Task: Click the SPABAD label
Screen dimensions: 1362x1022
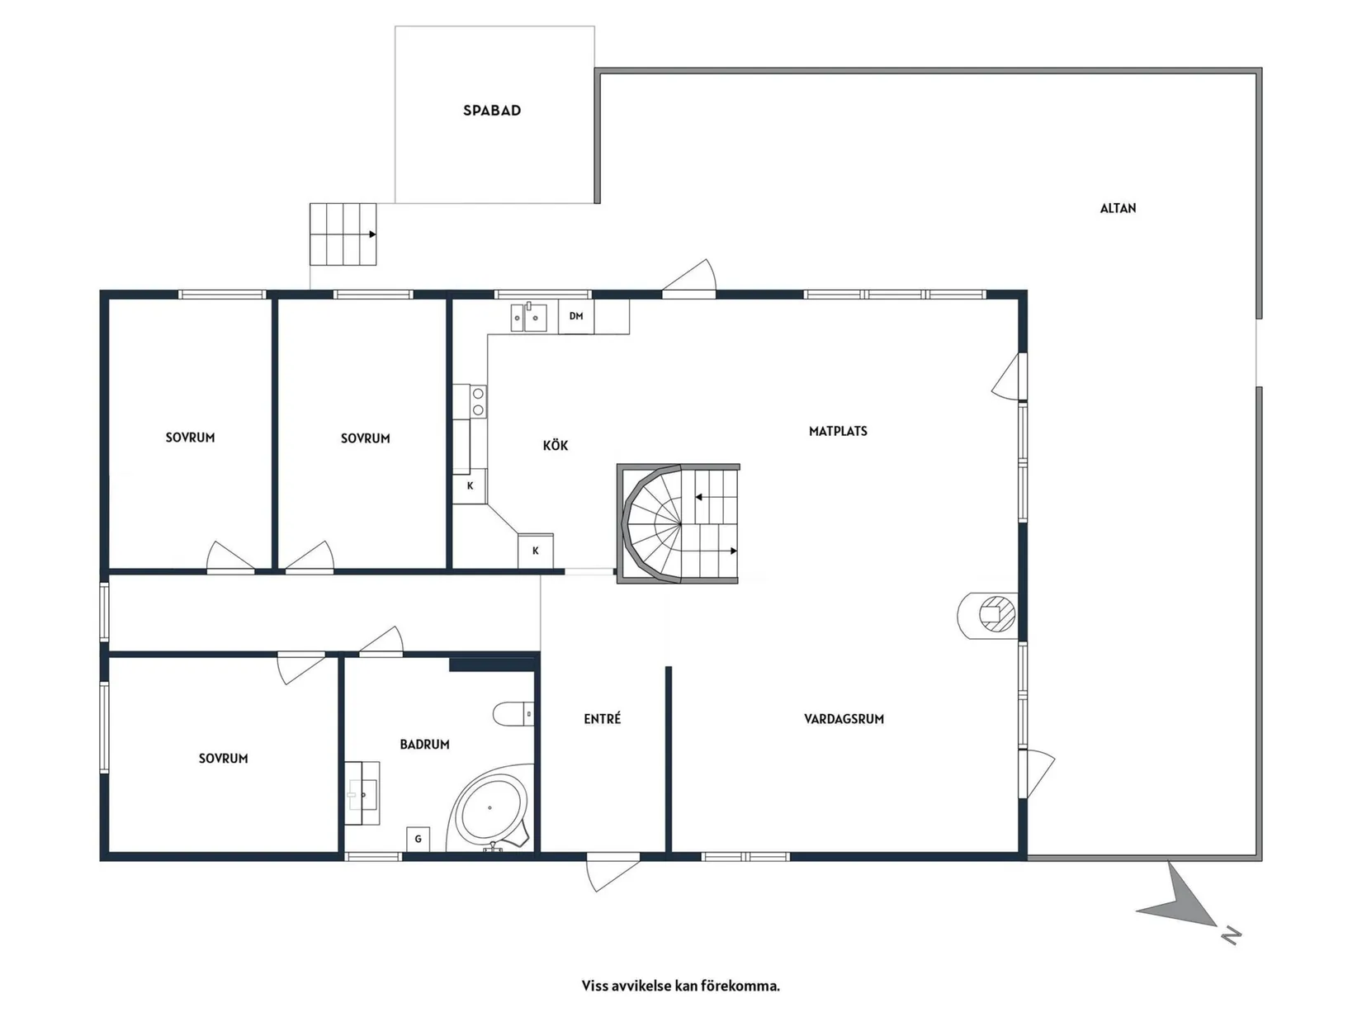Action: coord(491,111)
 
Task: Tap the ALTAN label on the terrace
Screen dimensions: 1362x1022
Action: coord(1118,209)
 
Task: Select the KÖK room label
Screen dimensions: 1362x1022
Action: coord(555,445)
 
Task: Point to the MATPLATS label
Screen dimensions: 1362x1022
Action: coord(838,431)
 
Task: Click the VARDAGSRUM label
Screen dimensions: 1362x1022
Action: coord(844,719)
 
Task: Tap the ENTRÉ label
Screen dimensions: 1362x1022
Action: coord(602,718)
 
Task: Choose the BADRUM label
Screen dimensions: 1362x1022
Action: coord(424,744)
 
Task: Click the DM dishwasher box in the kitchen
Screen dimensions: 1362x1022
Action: coord(576,316)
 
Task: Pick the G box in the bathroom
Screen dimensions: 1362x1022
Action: coord(419,839)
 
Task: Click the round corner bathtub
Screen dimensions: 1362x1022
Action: coord(490,808)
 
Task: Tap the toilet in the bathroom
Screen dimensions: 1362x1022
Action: coord(513,713)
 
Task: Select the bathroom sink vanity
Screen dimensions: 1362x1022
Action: coord(362,793)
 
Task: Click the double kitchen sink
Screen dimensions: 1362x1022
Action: coord(528,317)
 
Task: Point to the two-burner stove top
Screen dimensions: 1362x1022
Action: coord(478,401)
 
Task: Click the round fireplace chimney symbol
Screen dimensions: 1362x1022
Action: coord(988,615)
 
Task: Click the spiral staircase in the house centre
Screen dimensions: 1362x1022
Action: coord(679,523)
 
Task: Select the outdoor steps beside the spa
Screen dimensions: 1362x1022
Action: coord(343,234)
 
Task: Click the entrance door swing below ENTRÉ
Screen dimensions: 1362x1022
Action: coord(612,873)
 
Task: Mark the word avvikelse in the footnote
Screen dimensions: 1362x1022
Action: coord(636,986)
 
